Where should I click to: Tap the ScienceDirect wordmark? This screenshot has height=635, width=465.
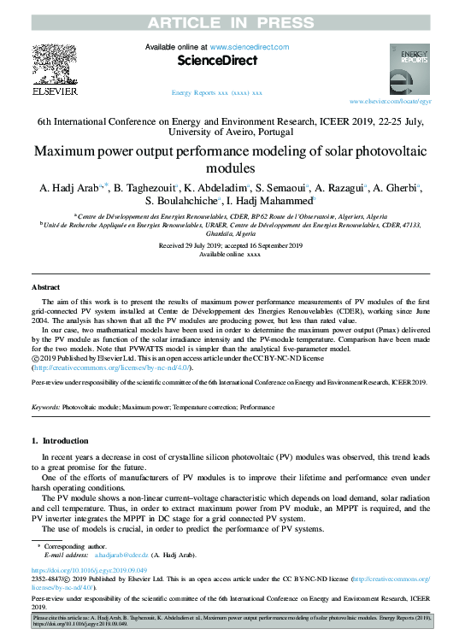coord(217,61)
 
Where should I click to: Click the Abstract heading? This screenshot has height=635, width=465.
coord(45,287)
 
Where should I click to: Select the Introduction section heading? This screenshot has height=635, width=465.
coord(64,440)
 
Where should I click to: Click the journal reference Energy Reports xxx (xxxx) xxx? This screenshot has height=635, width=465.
coord(217,91)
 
